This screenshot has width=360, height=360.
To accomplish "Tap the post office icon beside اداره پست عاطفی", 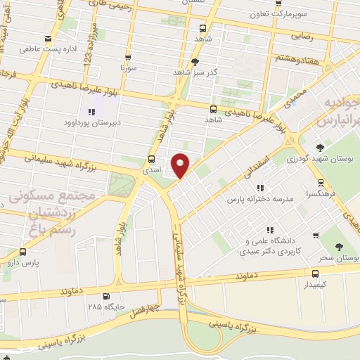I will click(47, 39).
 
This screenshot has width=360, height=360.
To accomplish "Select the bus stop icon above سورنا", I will click(127, 58).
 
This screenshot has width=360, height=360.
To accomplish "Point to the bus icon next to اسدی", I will click(152, 158).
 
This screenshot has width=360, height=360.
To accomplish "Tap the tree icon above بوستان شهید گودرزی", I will click(320, 147).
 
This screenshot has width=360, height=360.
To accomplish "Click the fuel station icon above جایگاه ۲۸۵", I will click(106, 296).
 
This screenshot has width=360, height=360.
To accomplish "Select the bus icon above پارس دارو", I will click(23, 252).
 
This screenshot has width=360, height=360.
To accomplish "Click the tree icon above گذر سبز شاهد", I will click(194, 61).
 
